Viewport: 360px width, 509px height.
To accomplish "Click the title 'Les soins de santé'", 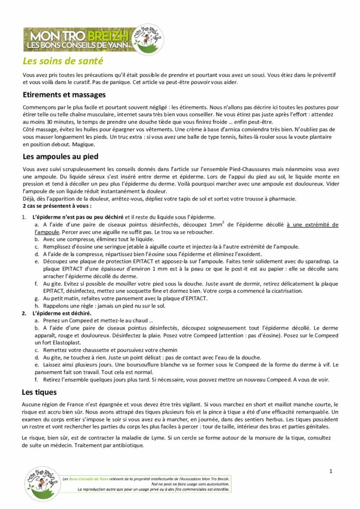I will [x=63, y=62].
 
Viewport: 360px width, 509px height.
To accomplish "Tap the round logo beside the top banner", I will [x=148, y=39].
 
